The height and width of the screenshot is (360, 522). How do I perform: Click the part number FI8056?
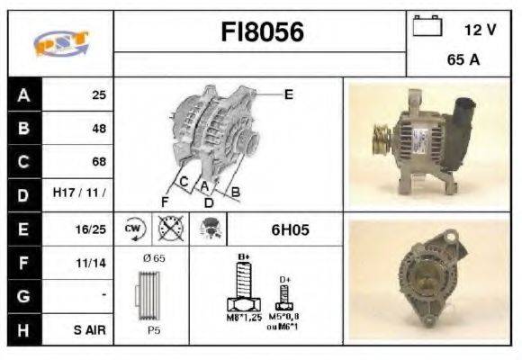click(263, 33)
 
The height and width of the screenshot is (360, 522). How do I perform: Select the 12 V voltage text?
click(480, 29)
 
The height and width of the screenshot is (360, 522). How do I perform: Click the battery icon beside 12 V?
click(427, 27)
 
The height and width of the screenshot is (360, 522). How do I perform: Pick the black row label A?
click(23, 94)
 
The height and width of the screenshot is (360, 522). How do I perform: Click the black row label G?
click(23, 296)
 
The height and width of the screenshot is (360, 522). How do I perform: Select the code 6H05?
click(290, 229)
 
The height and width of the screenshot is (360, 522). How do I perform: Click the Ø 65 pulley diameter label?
click(155, 258)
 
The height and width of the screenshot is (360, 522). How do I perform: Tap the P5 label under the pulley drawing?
click(152, 329)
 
